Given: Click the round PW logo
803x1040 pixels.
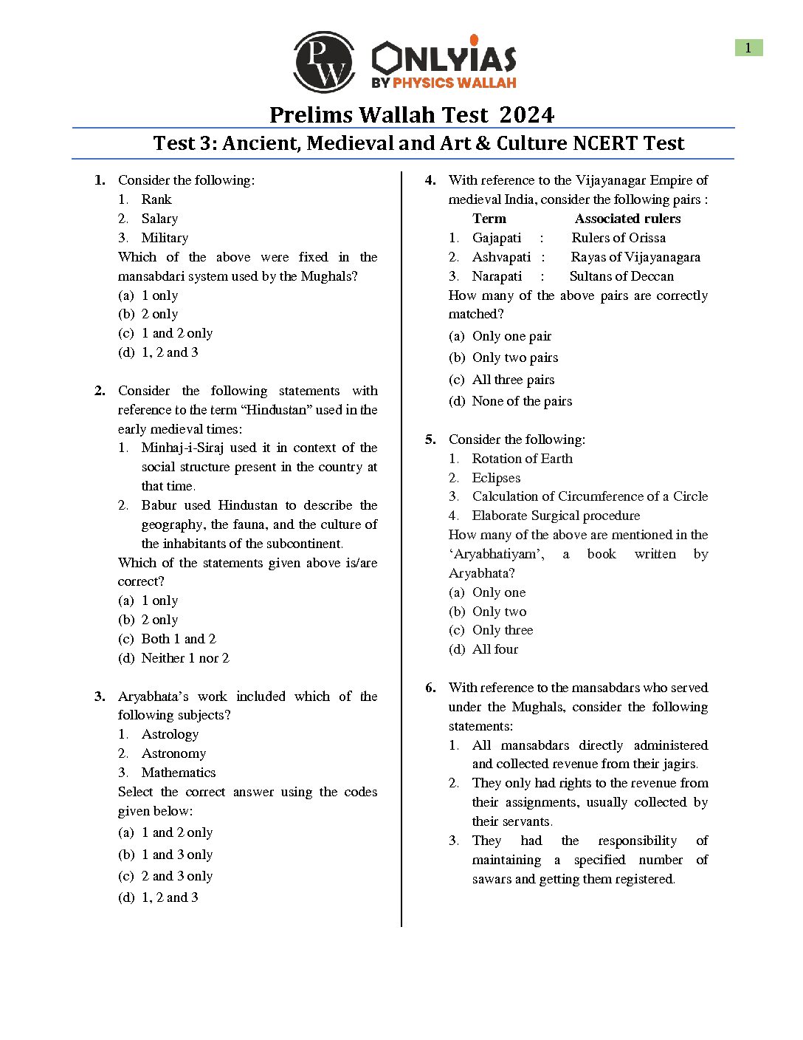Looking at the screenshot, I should pyautogui.click(x=324, y=62).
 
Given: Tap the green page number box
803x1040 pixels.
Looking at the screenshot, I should pyautogui.click(x=748, y=48).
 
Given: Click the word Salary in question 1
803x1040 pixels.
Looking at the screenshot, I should pyautogui.click(x=159, y=219).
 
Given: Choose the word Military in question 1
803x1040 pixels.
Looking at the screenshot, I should pyautogui.click(x=165, y=238).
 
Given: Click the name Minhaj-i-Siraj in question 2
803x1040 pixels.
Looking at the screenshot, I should pyautogui.click(x=182, y=448).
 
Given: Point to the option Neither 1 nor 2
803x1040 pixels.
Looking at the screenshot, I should pyautogui.click(x=185, y=658).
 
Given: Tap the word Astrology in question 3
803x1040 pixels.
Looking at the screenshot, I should pyautogui.click(x=170, y=734).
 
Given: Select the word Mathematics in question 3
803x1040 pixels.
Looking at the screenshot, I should pyautogui.click(x=179, y=773).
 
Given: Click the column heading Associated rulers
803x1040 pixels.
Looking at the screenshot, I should pyautogui.click(x=627, y=219).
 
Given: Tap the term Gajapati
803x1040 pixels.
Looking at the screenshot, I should pyautogui.click(x=497, y=238).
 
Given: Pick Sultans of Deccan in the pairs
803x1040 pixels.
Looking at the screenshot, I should pyautogui.click(x=621, y=276).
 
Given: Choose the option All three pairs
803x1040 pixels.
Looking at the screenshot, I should pyautogui.click(x=513, y=380).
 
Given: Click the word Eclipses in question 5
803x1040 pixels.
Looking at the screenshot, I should pyautogui.click(x=496, y=478).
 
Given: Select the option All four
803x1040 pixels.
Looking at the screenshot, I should pyautogui.click(x=495, y=649).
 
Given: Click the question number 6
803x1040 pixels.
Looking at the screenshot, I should pyautogui.click(x=430, y=688).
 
